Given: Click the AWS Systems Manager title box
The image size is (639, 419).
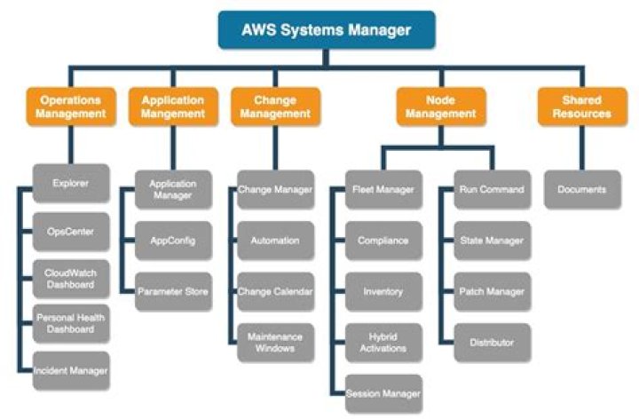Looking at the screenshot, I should (326, 29).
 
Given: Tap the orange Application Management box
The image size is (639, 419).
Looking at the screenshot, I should (173, 107).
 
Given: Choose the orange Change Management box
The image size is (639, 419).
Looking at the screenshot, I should (275, 107).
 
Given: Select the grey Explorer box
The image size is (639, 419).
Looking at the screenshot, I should (71, 184).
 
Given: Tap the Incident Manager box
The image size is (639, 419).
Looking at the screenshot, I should (71, 369).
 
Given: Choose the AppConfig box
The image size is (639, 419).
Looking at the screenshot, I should (173, 240).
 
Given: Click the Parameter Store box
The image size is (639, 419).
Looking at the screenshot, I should (173, 291).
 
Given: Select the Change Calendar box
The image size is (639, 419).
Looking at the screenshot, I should (275, 291).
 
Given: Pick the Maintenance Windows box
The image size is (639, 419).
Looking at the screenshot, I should (275, 342).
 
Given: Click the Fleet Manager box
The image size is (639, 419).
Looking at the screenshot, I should (383, 189).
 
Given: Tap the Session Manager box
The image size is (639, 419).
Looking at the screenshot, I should (383, 392).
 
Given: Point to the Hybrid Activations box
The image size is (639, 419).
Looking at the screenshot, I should (383, 342).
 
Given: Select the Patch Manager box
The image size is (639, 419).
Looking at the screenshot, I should (492, 291).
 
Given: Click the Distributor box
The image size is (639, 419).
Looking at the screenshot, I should (492, 342).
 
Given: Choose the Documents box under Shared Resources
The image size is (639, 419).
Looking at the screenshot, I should (581, 189).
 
